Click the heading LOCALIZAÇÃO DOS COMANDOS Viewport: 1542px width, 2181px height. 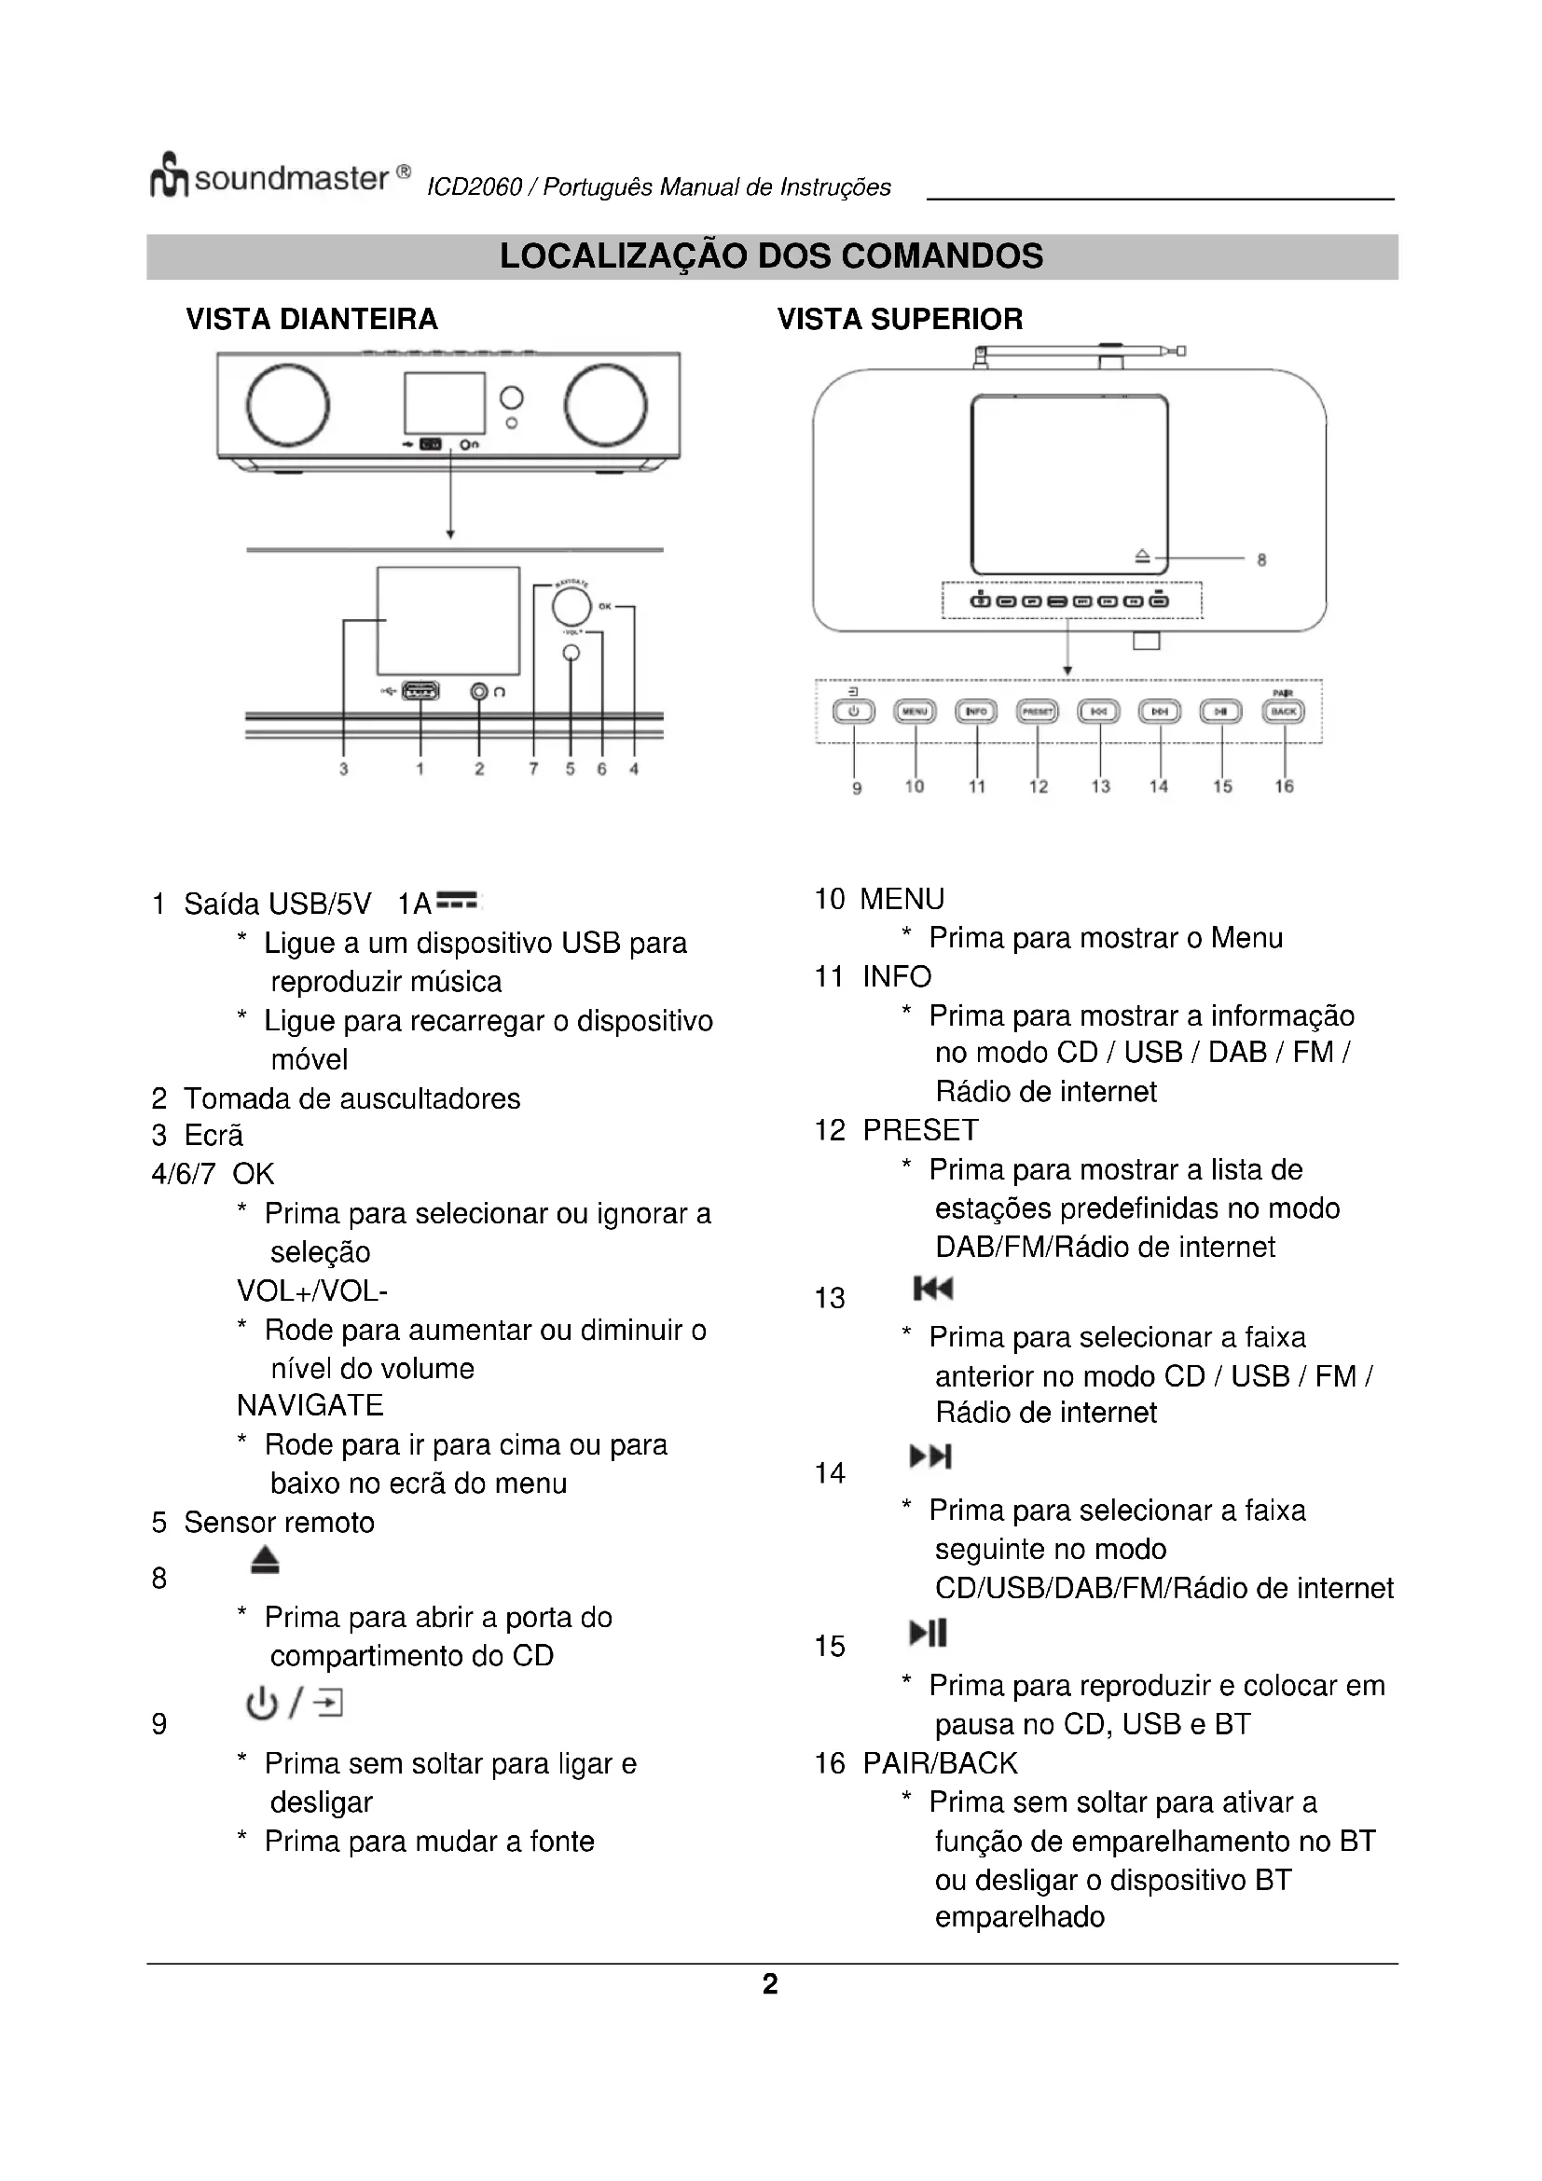(x=771, y=256)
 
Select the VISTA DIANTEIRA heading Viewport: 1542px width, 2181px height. (x=311, y=319)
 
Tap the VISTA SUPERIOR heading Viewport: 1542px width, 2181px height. (x=899, y=319)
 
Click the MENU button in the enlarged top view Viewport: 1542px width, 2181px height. (x=915, y=711)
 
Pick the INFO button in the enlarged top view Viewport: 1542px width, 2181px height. (x=976, y=711)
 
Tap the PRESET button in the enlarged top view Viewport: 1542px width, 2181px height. (x=1037, y=711)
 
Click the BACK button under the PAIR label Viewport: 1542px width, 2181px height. (x=1283, y=711)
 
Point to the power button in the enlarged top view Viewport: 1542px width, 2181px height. (x=854, y=711)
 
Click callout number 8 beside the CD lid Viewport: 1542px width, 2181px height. (x=1261, y=560)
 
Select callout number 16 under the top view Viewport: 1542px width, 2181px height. (x=1284, y=787)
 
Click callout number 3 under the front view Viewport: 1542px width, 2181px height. (x=344, y=769)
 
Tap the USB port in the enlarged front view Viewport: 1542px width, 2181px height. (x=420, y=691)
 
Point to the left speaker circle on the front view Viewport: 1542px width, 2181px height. (x=288, y=405)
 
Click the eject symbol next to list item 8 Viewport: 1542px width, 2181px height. (x=265, y=1561)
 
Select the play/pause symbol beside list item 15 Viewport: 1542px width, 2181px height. (x=928, y=1634)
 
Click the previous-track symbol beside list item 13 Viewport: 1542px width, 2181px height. (x=932, y=1288)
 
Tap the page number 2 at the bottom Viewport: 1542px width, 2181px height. (x=770, y=1983)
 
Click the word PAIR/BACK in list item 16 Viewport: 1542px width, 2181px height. (x=939, y=1763)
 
